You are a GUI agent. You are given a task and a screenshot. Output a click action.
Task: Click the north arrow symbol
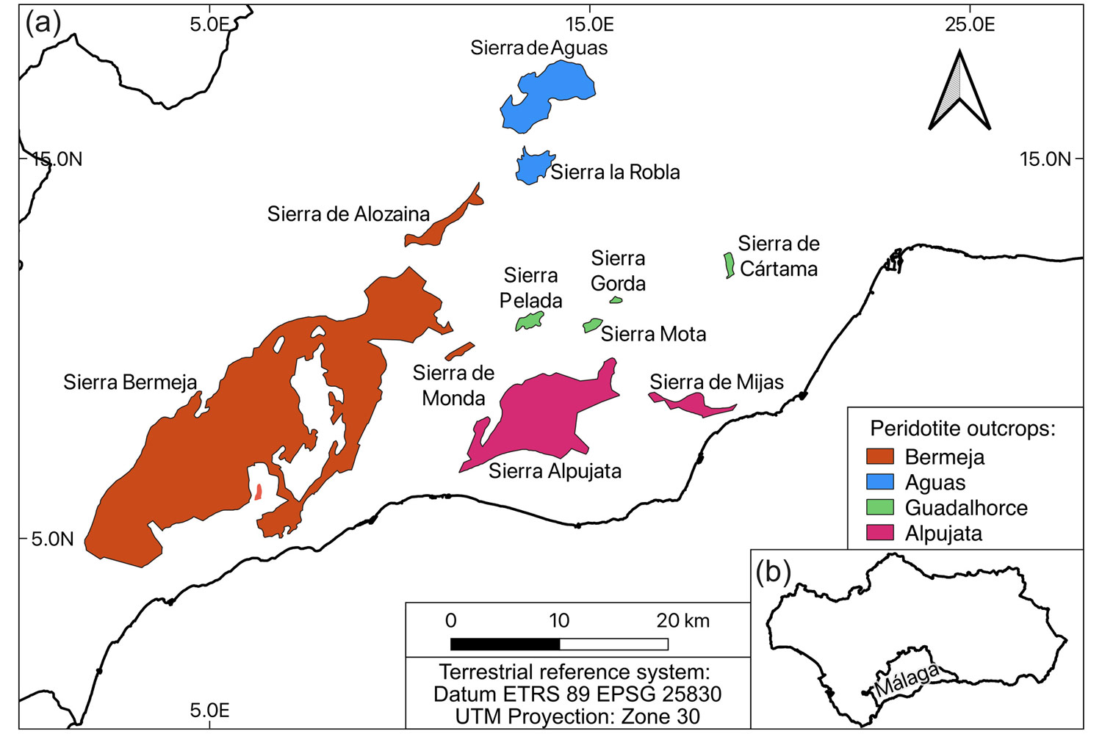coord(959,92)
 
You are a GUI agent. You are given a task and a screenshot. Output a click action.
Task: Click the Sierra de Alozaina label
coord(348,214)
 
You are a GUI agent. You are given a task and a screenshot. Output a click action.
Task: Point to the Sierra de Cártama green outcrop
coord(729,265)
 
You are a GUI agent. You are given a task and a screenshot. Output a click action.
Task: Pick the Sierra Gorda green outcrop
coord(616,299)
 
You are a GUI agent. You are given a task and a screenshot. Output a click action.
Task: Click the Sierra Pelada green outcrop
coord(530,321)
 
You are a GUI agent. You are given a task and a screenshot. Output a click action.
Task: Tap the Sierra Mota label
coord(653,334)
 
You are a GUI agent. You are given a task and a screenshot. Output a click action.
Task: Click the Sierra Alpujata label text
coord(555,471)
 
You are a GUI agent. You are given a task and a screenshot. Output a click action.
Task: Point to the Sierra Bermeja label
coord(130,382)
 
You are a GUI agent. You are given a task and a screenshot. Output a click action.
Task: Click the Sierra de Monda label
coord(453,385)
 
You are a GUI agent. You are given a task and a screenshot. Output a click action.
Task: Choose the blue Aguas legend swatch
coord(880,482)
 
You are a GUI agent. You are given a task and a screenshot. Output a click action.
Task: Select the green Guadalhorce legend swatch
coord(880,507)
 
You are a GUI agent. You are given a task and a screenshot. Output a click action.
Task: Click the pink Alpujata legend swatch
coord(880,533)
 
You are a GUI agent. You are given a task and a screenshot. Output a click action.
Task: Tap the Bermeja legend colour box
coord(880,457)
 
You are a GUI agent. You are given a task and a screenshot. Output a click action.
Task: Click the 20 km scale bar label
coord(683,621)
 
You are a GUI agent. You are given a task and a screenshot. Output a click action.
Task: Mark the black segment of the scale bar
coord(505,644)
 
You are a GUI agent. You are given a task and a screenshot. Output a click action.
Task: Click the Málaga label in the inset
coord(908,680)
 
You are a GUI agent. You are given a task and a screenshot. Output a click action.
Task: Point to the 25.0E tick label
coord(970,24)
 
